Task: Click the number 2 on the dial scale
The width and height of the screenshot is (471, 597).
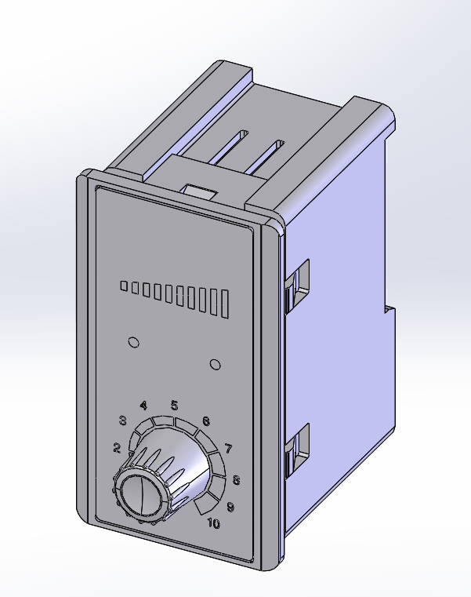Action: click(x=117, y=449)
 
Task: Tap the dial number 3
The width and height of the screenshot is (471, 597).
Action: click(x=123, y=420)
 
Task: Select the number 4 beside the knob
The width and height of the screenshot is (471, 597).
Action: click(x=143, y=406)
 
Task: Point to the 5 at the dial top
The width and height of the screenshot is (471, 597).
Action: click(x=174, y=406)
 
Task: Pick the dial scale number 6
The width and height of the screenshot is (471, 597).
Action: click(x=206, y=421)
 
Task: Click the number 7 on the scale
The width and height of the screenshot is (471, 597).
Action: click(x=229, y=450)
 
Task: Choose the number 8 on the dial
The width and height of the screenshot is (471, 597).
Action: click(x=236, y=481)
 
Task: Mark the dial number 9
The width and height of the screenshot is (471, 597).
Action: click(x=230, y=508)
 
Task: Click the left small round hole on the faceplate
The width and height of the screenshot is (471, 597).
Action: click(x=133, y=342)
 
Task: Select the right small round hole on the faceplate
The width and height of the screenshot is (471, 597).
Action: click(x=216, y=364)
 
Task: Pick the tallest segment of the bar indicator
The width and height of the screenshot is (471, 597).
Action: click(x=226, y=304)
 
